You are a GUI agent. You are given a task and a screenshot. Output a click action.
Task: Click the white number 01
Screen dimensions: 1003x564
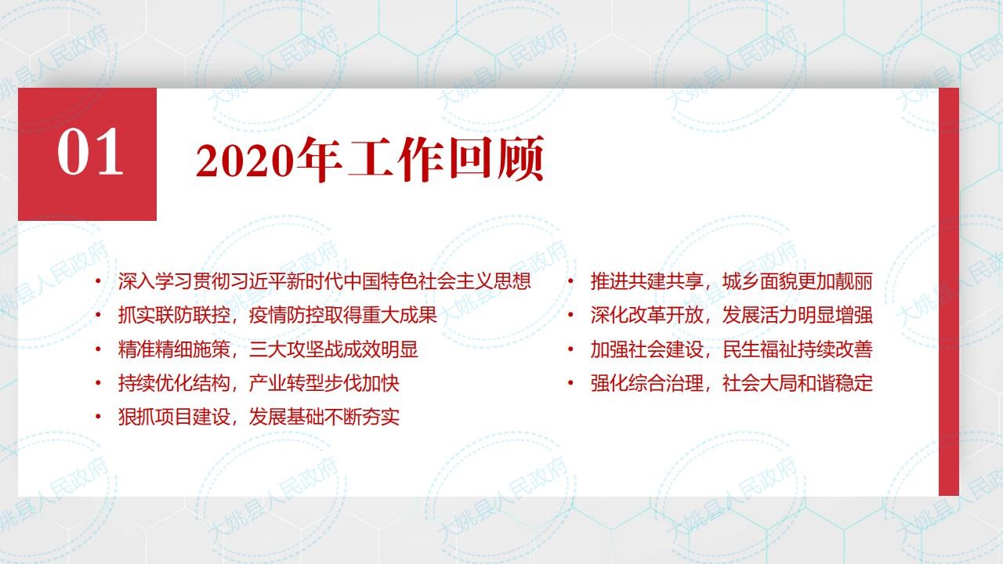pyautogui.click(x=90, y=152)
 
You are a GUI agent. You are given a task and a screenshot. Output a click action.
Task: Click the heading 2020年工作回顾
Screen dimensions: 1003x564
pyautogui.click(x=370, y=159)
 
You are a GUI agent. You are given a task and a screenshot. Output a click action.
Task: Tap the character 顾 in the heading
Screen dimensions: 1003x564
pyautogui.click(x=521, y=159)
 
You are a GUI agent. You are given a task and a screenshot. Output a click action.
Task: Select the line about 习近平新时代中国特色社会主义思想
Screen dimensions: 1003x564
pyautogui.click(x=324, y=281)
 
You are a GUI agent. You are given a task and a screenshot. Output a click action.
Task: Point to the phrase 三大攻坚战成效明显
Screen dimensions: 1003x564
pyautogui.click(x=334, y=349)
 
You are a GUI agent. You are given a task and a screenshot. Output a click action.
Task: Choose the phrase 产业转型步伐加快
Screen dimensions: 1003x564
pyautogui.click(x=324, y=384)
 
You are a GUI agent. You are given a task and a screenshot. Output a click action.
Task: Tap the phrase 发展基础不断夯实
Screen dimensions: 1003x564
pyautogui.click(x=324, y=418)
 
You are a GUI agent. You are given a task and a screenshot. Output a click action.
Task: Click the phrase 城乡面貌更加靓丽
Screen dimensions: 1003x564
pyautogui.click(x=798, y=281)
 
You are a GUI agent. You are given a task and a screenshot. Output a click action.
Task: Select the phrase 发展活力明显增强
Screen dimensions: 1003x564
pyautogui.click(x=798, y=316)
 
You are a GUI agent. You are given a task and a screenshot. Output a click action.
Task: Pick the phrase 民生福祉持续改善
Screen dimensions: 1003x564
pyautogui.click(x=798, y=349)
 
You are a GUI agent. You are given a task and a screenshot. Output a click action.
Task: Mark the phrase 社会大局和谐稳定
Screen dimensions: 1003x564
pyautogui.click(x=798, y=384)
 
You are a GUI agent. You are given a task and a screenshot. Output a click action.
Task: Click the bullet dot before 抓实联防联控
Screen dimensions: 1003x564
pyautogui.click(x=98, y=315)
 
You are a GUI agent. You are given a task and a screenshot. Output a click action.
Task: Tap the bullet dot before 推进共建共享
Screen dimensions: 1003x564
pyautogui.click(x=571, y=281)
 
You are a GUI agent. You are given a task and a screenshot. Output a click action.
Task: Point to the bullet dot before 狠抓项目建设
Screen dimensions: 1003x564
pyautogui.click(x=98, y=417)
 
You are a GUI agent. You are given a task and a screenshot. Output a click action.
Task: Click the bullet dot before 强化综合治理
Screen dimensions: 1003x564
pyautogui.click(x=571, y=383)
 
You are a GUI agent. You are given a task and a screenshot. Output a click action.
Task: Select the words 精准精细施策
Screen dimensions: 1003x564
pyautogui.click(x=174, y=349)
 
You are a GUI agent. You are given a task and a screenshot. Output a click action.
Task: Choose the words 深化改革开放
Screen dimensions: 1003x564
pyautogui.click(x=646, y=316)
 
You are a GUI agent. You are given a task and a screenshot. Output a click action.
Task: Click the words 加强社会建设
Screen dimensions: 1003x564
pyautogui.click(x=646, y=349)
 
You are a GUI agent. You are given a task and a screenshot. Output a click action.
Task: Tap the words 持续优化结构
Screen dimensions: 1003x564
pyautogui.click(x=174, y=384)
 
